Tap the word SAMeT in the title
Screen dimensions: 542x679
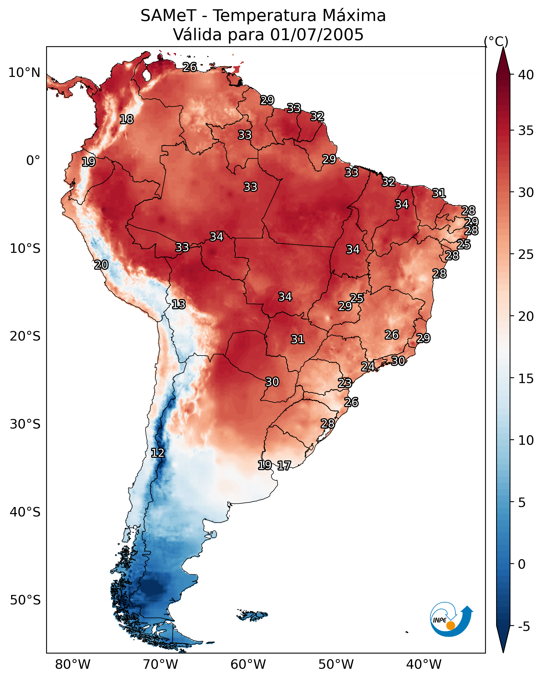pos(168,16)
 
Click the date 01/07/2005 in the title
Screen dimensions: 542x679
pos(317,35)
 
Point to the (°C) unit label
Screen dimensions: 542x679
pos(496,41)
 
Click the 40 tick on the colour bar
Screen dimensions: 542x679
pos(526,75)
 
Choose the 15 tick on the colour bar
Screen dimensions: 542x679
pos(526,379)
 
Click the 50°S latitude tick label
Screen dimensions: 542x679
pos(25,600)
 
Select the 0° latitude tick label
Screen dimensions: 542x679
pos(33,161)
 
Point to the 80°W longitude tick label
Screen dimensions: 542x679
pos(73,665)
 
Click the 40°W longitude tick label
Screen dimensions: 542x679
pos(424,665)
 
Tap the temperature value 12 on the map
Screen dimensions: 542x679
pos(158,453)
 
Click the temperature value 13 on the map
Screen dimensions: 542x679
pos(179,304)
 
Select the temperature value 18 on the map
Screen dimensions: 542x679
pos(126,119)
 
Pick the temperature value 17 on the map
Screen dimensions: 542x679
pos(284,466)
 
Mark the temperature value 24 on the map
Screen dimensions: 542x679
pos(368,367)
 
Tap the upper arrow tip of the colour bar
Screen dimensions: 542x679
pos(503,47)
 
